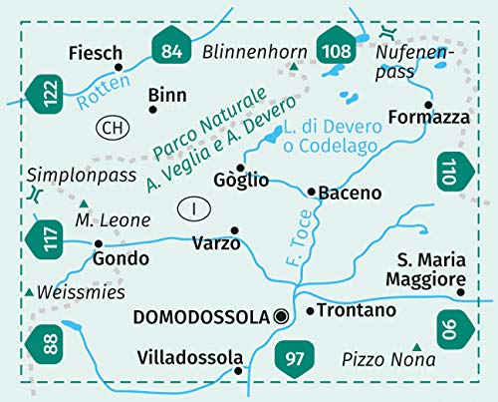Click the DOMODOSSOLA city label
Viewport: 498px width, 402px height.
point(201,317)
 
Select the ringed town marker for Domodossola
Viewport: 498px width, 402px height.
point(281,317)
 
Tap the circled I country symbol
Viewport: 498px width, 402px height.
point(190,208)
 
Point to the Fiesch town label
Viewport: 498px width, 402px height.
point(98,53)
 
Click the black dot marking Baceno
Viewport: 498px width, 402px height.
point(312,190)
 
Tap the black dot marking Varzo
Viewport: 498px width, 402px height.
point(234,230)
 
